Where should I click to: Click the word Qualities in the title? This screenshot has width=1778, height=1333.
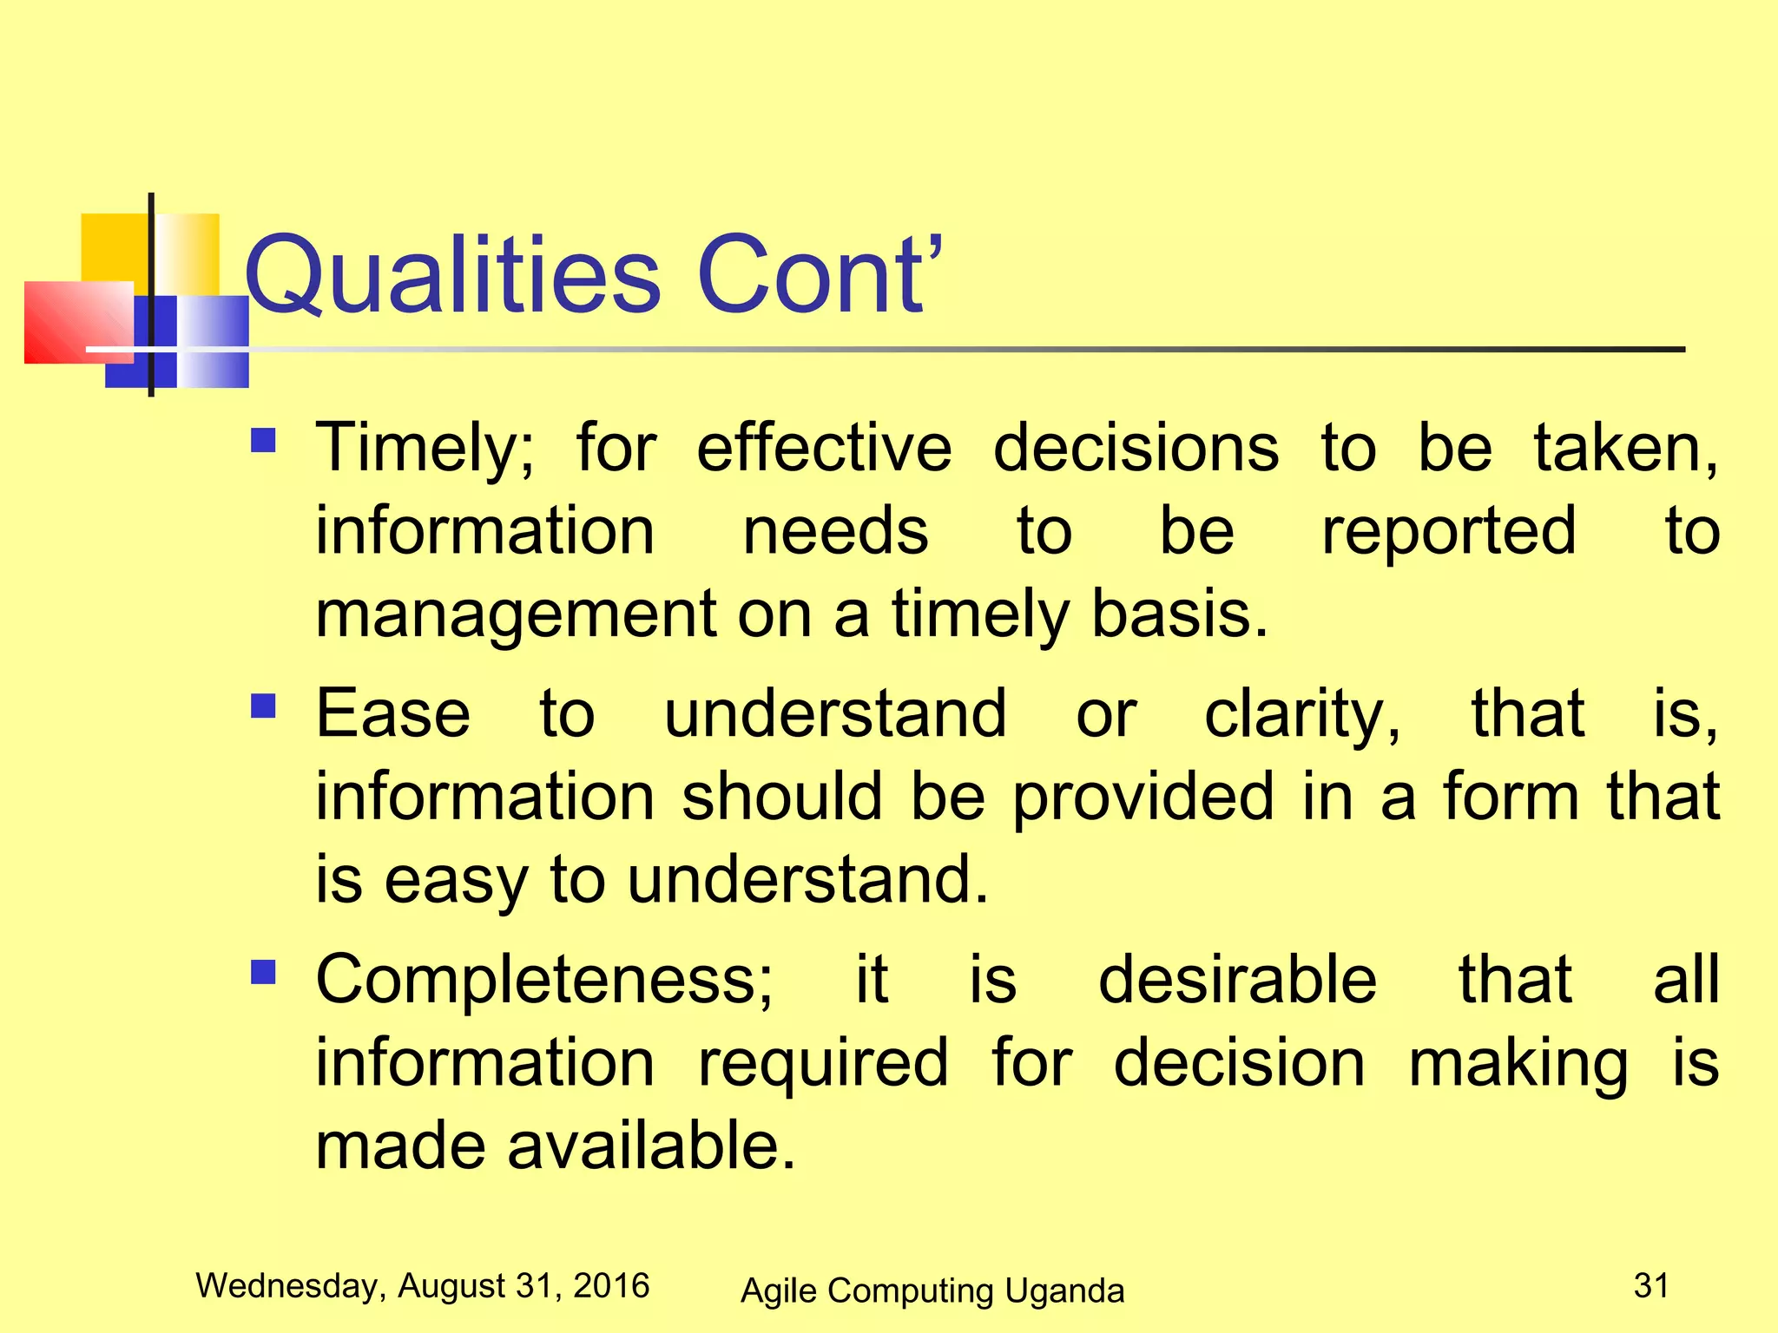point(452,276)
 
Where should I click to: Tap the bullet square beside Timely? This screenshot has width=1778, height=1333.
point(263,441)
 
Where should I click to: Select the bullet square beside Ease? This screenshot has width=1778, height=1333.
point(263,706)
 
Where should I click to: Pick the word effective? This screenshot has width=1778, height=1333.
point(824,448)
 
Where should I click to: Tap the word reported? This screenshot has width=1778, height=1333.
point(1448,532)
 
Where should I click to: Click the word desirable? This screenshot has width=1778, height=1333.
point(1237,979)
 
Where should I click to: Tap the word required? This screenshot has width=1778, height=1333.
point(823,1064)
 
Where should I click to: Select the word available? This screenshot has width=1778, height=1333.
point(651,1146)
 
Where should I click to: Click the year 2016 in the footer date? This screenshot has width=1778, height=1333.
point(611,1285)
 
